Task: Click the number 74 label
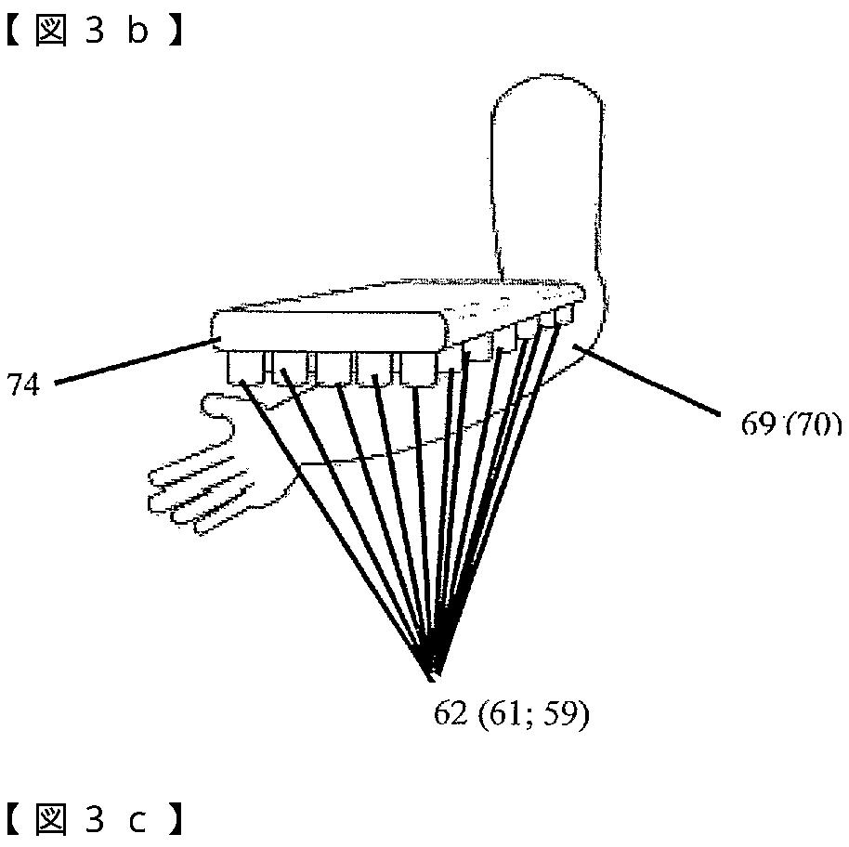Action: [23, 384]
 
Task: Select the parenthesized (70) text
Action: [811, 424]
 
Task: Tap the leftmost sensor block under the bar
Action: [242, 367]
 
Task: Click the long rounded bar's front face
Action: [325, 330]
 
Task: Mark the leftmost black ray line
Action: [334, 520]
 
